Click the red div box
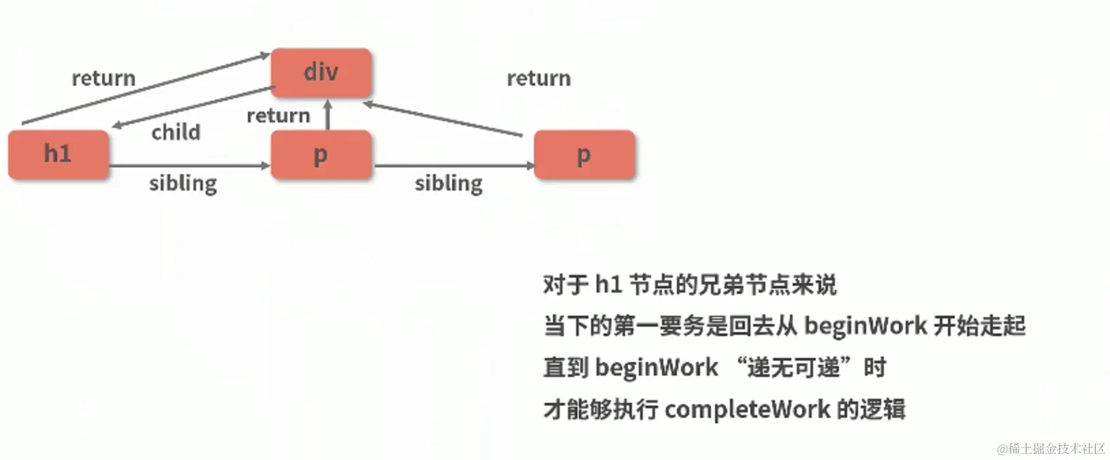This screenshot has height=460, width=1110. click(321, 72)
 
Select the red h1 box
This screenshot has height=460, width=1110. click(59, 154)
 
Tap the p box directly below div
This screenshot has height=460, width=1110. click(321, 154)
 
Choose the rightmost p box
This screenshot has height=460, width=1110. click(584, 154)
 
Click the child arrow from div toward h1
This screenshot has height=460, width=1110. click(194, 107)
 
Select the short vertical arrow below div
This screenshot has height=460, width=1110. click(328, 115)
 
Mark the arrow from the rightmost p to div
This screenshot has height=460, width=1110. click(443, 120)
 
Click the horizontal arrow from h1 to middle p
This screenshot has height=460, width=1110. click(189, 165)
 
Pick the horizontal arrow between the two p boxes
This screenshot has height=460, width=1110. click(454, 165)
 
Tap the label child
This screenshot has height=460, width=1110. click(176, 132)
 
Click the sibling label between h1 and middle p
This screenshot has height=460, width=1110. click(183, 183)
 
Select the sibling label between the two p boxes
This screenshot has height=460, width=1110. click(449, 183)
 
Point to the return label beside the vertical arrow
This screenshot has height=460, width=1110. click(278, 116)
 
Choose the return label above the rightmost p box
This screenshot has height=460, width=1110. click(539, 78)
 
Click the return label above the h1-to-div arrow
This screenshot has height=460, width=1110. click(104, 78)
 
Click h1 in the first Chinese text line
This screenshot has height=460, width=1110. click(609, 284)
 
